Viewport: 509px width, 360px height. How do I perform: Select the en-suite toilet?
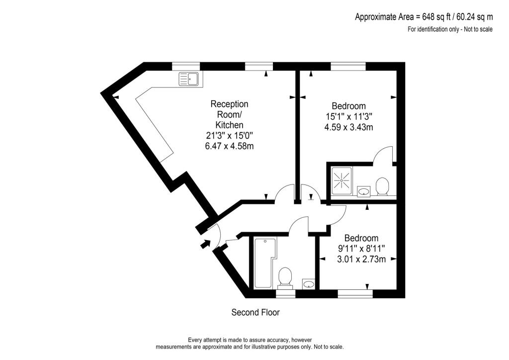point(382,186)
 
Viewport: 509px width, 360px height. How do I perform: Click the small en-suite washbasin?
point(363,190)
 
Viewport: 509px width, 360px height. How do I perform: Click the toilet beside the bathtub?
point(285,276)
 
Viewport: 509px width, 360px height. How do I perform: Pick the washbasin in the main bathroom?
point(309,284)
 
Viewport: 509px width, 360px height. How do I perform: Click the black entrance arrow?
point(204,244)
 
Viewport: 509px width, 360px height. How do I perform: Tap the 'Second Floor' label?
point(255,313)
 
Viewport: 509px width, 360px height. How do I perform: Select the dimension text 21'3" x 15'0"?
point(229,135)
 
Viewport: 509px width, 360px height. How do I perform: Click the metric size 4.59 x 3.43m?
point(348,127)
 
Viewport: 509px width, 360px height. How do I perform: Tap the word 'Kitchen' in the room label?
point(229,125)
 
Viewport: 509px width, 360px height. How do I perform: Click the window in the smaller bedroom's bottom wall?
point(355,294)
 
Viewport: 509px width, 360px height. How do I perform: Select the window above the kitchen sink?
point(186,66)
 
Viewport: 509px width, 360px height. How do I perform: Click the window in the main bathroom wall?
point(285,294)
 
